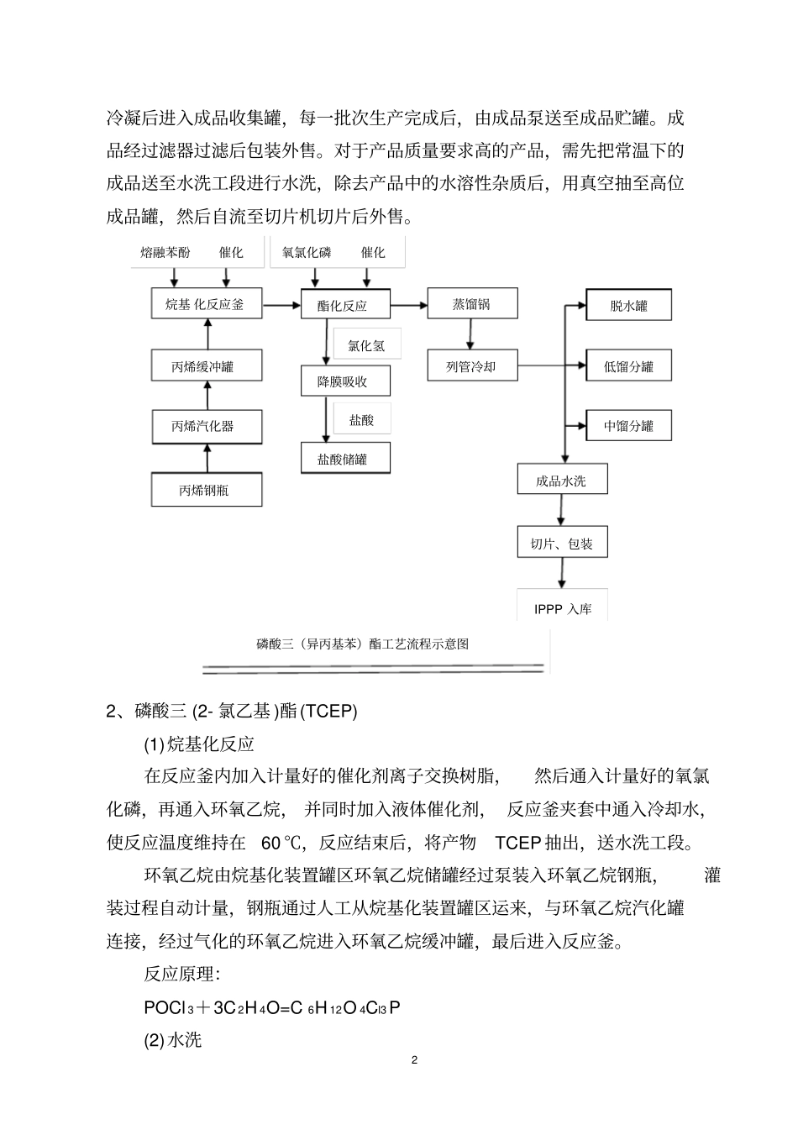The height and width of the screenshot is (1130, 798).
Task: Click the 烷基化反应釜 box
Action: [207, 304]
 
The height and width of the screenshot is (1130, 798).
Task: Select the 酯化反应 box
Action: [342, 305]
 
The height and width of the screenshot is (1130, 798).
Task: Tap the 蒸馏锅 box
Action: [471, 304]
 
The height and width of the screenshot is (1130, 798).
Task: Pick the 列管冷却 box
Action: [471, 366]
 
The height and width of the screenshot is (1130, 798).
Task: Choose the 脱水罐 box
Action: [628, 306]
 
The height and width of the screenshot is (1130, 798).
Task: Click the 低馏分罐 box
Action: [628, 366]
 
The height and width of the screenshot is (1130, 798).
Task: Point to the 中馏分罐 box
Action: [628, 426]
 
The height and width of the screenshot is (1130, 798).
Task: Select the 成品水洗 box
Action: [561, 481]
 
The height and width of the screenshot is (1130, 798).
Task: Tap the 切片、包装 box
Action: [561, 544]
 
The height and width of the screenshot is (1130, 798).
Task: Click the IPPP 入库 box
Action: [562, 608]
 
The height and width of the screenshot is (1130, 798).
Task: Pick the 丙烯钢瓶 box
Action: [207, 490]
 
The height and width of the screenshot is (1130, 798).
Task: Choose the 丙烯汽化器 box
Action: [207, 426]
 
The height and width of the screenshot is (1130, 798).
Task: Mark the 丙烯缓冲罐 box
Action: [207, 366]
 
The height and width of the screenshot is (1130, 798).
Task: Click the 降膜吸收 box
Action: [342, 381]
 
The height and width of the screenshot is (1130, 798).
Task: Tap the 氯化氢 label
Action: [366, 345]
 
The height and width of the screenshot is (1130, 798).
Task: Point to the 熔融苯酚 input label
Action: [165, 252]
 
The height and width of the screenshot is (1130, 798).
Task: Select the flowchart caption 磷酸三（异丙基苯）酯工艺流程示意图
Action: [363, 644]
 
